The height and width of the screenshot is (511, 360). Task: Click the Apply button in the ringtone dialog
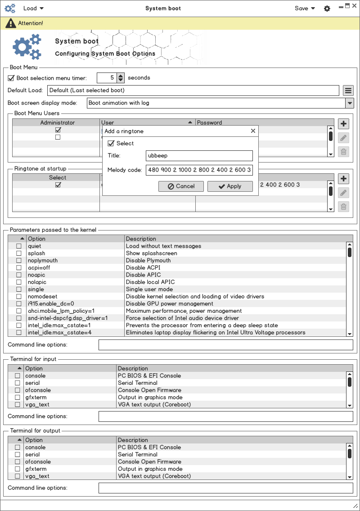230,186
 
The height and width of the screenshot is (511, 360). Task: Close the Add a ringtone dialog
253,131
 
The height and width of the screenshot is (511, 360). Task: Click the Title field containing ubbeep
199,156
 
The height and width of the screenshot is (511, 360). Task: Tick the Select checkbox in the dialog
111,144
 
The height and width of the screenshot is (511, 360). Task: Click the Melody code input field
199,170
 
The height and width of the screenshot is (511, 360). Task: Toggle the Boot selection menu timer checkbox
11,78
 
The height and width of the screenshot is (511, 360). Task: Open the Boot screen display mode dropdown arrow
350,103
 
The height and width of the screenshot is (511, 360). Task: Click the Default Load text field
193,90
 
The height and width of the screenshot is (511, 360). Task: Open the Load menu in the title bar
33,8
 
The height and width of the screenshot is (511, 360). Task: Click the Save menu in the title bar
305,8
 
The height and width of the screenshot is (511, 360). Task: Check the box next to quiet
19,246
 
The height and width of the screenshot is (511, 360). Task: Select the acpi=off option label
39,268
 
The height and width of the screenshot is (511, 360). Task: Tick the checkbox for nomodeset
19,297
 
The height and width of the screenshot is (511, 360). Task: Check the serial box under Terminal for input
18,383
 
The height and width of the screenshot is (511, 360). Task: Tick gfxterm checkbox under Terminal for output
18,469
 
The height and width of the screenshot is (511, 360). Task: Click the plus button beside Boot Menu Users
343,124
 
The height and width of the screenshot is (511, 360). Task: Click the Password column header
210,122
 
